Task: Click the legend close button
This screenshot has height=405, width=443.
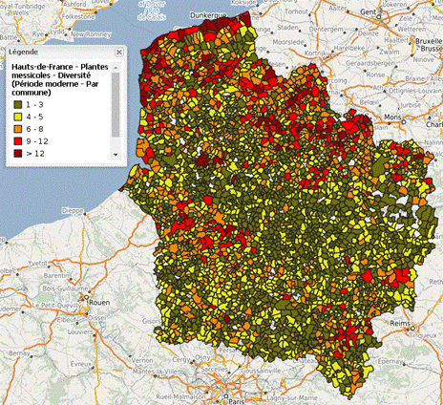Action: point(117,53)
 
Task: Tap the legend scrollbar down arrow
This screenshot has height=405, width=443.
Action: point(115,155)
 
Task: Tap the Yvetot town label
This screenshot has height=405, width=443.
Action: point(38,260)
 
